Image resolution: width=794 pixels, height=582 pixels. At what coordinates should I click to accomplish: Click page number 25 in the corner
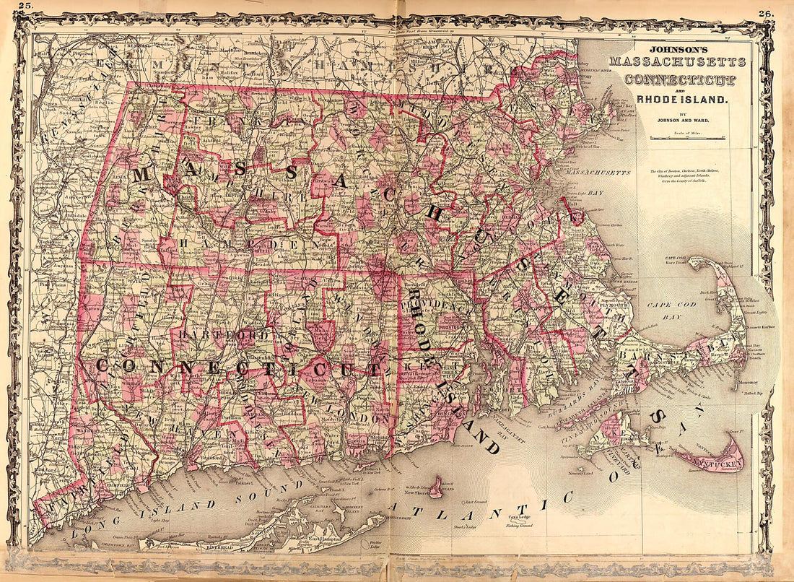[26, 6]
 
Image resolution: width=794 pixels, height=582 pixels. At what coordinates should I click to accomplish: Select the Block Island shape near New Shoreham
[436, 486]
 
